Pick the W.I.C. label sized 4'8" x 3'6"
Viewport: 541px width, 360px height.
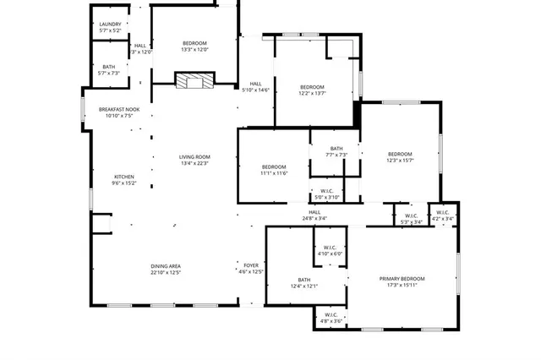(331, 318)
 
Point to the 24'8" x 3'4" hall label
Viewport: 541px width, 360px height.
(314, 215)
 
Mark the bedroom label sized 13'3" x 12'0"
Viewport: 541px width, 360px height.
(194, 46)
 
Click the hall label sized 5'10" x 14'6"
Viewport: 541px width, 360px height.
(255, 87)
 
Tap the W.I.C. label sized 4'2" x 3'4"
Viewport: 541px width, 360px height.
(443, 215)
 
